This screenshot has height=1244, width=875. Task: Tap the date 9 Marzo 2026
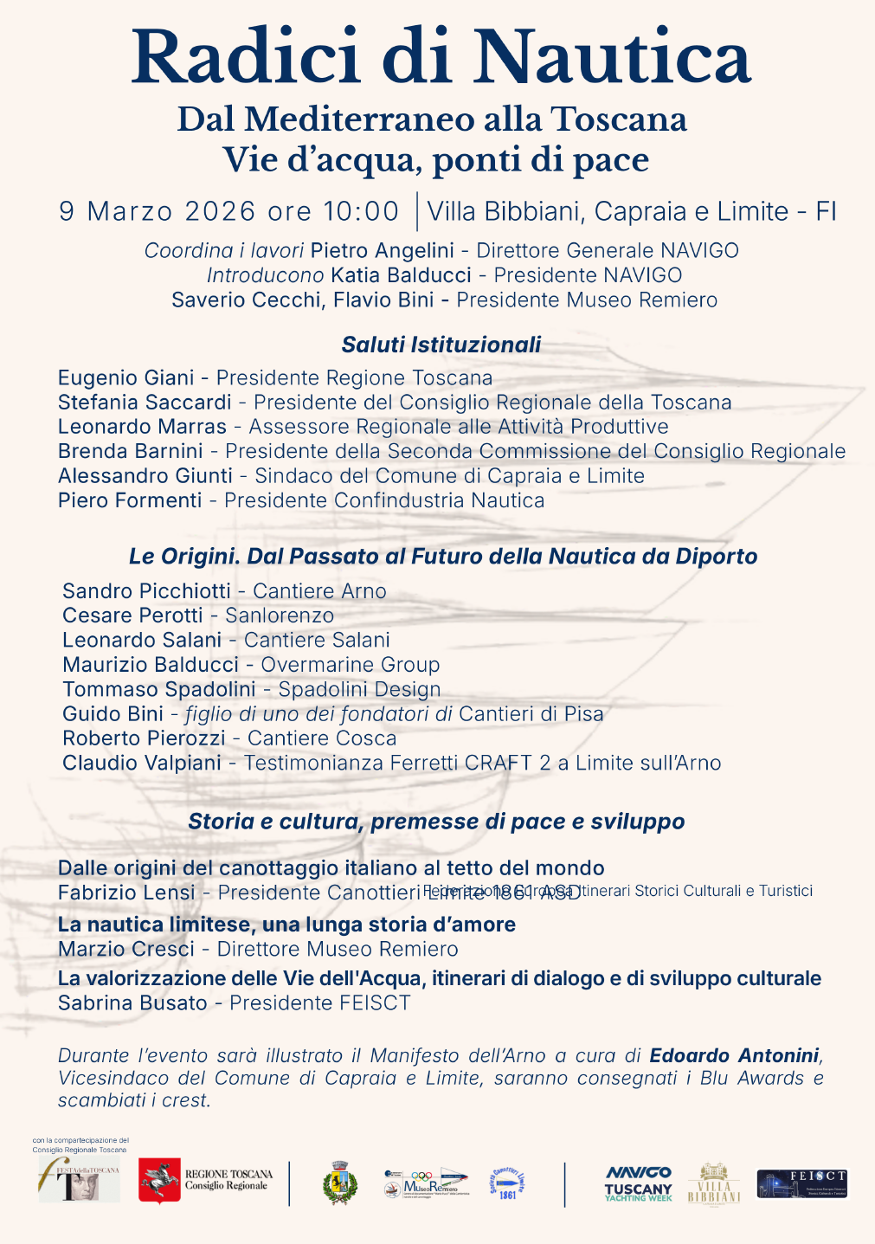[x=158, y=211]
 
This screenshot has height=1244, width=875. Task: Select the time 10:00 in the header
[x=361, y=211]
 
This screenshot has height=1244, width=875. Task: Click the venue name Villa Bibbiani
[x=506, y=211]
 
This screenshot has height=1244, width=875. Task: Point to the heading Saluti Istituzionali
[x=441, y=345]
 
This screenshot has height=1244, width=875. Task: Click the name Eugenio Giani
[x=126, y=378]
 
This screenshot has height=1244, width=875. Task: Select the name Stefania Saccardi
[x=145, y=403]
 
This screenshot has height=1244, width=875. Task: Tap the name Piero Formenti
[x=130, y=500]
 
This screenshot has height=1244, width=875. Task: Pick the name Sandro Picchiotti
[x=146, y=591]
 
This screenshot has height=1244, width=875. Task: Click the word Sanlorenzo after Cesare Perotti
[x=280, y=616]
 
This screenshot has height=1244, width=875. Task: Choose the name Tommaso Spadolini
[x=159, y=689]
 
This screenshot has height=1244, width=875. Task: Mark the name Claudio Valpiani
[x=142, y=763]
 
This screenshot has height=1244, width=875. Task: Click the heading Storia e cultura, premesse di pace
[x=436, y=822]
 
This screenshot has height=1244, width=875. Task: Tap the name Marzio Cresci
[x=126, y=949]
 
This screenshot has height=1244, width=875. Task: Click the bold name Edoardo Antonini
[x=734, y=1055]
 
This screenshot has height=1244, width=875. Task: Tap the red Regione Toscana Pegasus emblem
[x=159, y=1180]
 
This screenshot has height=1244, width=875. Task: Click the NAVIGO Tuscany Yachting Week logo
[x=638, y=1183]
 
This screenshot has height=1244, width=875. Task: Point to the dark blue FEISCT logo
[x=802, y=1183]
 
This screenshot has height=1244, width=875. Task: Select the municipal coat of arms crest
[x=338, y=1183]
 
